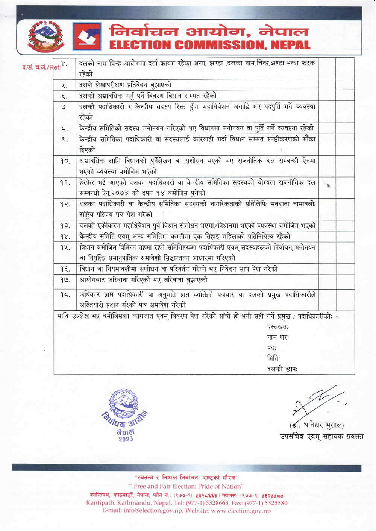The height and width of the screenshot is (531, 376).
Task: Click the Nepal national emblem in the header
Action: (46, 36)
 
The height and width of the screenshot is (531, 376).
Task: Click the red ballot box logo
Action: (87, 36)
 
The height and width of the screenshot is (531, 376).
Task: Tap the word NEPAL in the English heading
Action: (290, 45)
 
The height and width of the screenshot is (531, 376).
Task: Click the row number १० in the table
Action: (65, 161)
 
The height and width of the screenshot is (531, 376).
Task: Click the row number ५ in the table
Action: (65, 85)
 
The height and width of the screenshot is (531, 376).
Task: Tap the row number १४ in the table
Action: (65, 237)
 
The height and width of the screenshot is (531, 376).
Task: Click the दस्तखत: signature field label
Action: (278, 326)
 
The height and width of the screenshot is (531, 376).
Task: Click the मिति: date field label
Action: (273, 358)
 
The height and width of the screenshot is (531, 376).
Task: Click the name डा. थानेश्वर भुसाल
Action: (317, 425)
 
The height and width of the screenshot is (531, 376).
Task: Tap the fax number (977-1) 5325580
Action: (266, 503)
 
